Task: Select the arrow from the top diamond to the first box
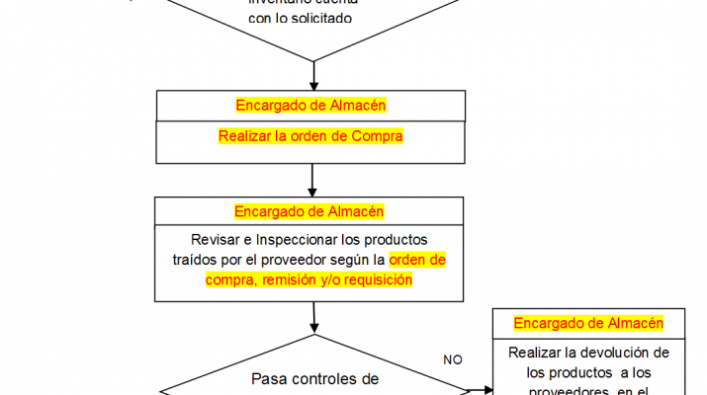312,74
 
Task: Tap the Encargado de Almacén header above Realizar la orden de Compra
310,105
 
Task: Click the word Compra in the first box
378,136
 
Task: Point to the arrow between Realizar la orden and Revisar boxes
312,179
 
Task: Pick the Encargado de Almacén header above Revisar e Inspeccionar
309,211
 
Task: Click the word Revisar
216,239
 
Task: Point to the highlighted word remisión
279,280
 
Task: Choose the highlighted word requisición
377,280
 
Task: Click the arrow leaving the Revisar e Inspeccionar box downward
313,316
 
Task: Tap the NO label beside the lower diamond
453,359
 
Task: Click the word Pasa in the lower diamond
269,378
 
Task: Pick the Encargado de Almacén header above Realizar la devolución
588,323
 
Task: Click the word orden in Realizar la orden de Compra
317,136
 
